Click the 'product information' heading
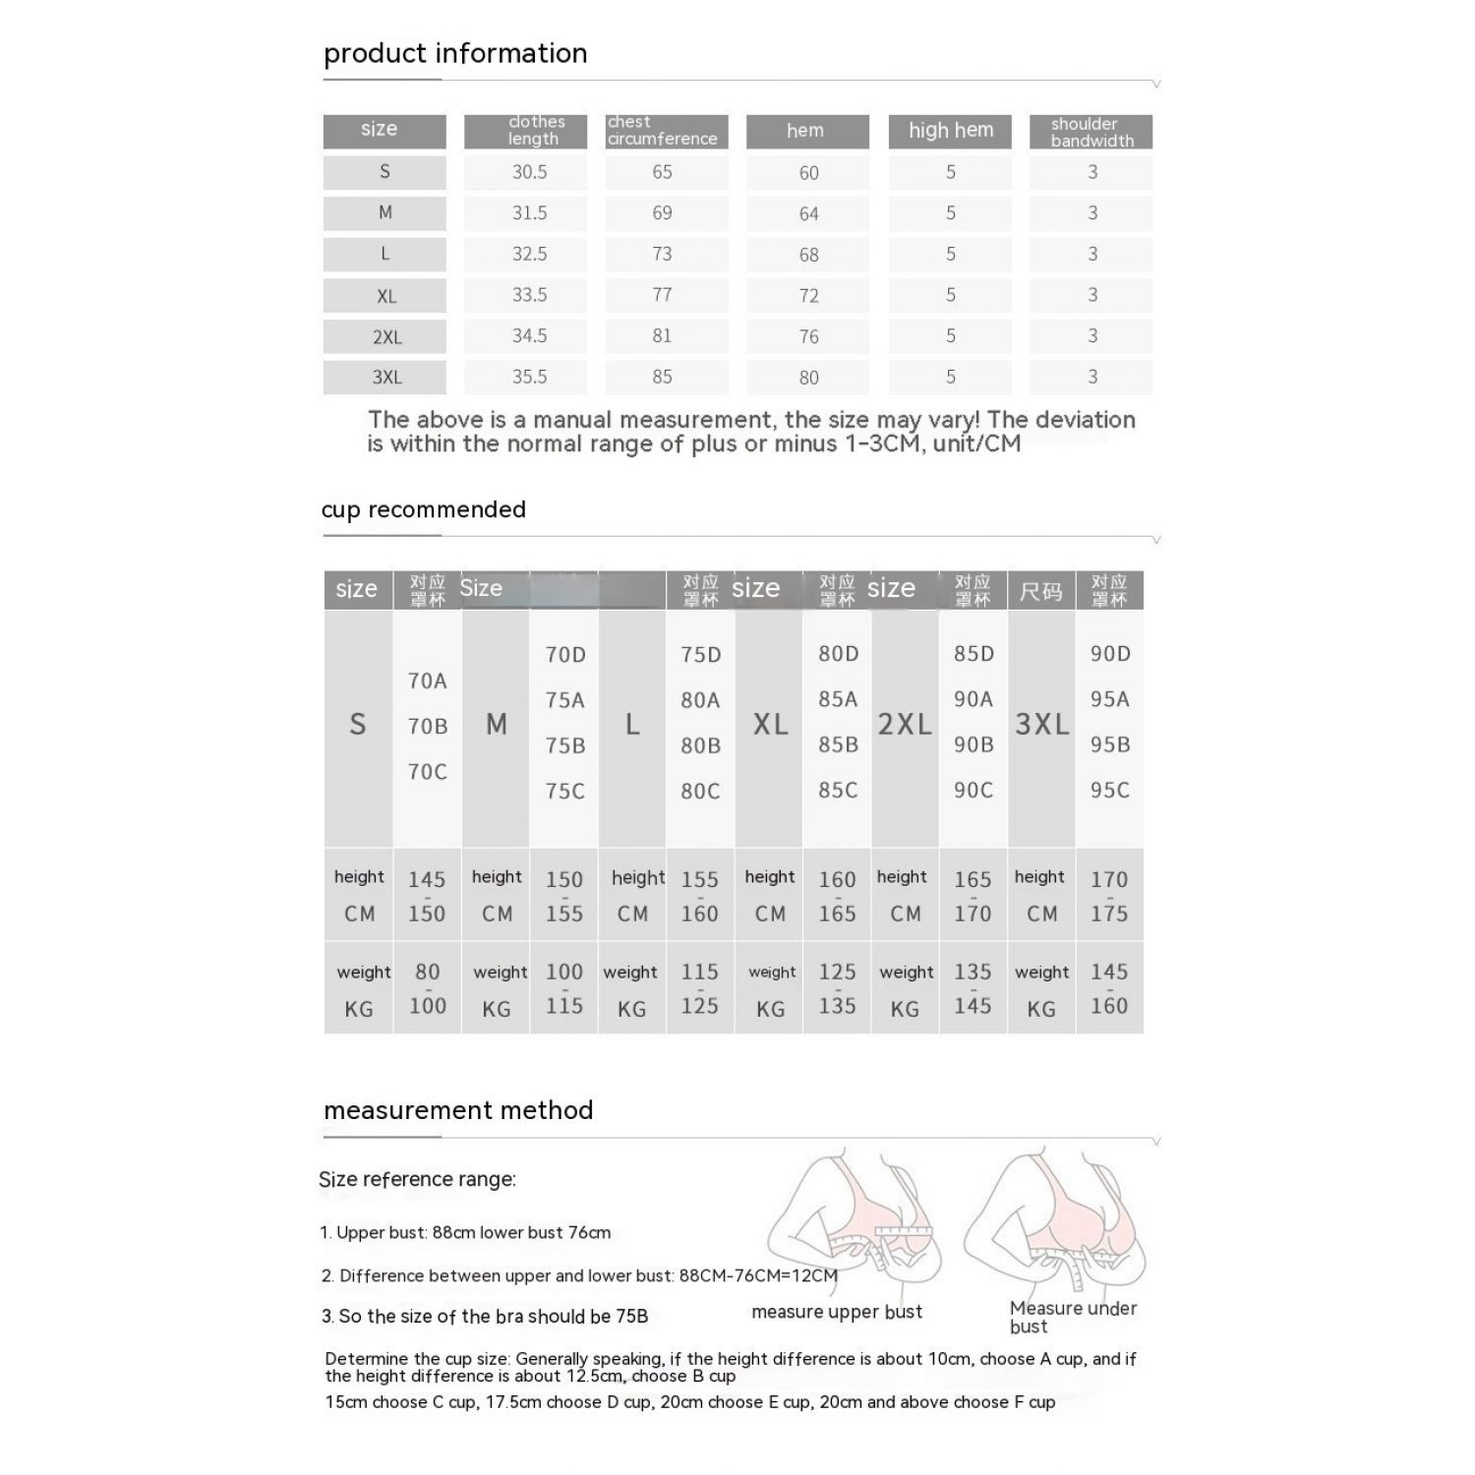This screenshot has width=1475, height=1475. (x=455, y=53)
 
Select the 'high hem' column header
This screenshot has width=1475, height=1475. (x=950, y=131)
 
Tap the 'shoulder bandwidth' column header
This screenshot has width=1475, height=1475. (x=1091, y=132)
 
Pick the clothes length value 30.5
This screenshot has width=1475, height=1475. (x=529, y=172)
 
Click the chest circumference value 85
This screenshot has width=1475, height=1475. (x=662, y=377)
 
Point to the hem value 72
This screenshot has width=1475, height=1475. (x=808, y=296)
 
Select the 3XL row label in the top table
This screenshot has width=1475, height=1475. (x=386, y=378)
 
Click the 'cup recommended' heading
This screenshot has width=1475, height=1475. (x=423, y=509)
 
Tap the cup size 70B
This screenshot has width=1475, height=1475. (x=428, y=727)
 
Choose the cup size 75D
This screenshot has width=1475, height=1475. (x=701, y=655)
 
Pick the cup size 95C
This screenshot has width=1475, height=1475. (x=1109, y=790)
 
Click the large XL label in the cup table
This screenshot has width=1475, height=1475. (x=770, y=725)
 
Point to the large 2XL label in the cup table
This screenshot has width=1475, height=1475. (x=905, y=725)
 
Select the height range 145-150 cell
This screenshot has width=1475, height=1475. (x=427, y=896)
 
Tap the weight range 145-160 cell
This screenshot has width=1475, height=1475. (x=1109, y=988)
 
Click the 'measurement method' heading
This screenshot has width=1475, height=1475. (x=458, y=1110)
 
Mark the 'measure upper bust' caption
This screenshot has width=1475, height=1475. (x=837, y=1312)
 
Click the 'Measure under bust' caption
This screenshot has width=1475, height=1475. (x=1072, y=1317)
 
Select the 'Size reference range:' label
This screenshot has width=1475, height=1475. (x=417, y=1179)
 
